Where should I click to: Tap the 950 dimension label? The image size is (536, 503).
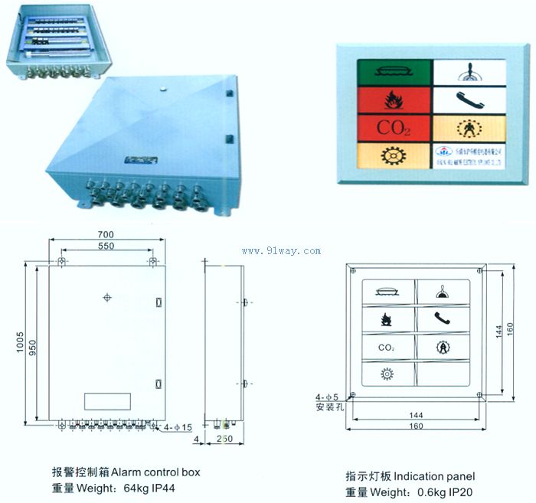point(33,351)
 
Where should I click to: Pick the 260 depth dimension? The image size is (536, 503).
point(224,439)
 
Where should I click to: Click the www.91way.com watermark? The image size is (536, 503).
point(281,250)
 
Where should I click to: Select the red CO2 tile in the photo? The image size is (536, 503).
point(394,126)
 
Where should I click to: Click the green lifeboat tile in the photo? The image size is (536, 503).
point(394,72)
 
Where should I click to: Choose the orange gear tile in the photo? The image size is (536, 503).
point(394,153)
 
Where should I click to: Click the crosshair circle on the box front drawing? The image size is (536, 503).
point(106,297)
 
